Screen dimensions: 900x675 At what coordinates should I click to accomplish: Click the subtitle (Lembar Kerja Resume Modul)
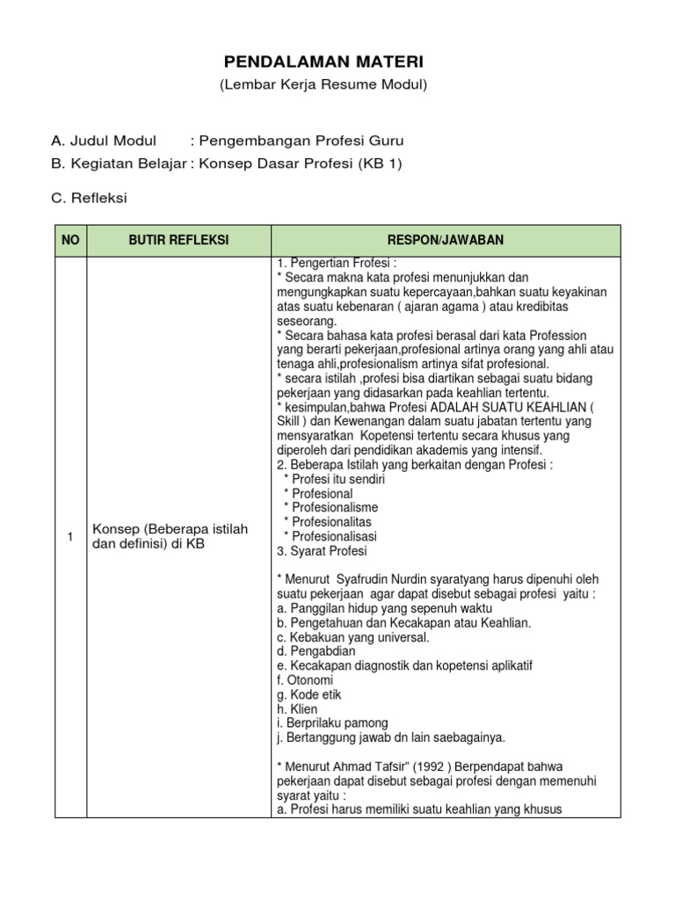323,84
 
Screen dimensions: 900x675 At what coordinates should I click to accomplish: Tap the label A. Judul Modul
104,141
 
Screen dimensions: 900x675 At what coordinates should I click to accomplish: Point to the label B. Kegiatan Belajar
119,163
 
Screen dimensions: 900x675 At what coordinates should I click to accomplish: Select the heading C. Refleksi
89,198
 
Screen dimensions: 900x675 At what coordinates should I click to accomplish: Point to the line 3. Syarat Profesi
322,551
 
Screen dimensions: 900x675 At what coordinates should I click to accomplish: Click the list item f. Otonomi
304,679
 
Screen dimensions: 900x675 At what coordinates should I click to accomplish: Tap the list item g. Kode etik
308,694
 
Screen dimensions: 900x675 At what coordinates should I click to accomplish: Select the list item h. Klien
297,708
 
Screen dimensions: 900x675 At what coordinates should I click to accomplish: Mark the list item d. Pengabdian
316,651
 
